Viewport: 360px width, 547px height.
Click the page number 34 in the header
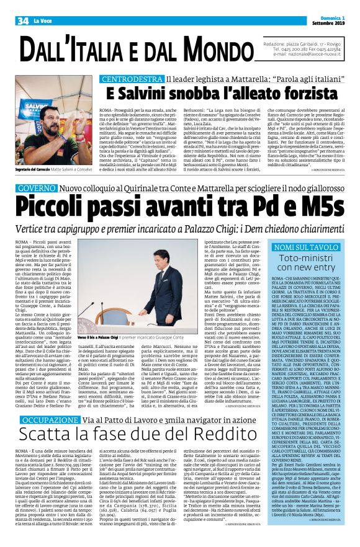click(x=24, y=21)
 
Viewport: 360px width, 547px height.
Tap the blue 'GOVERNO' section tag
click(x=37, y=187)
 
